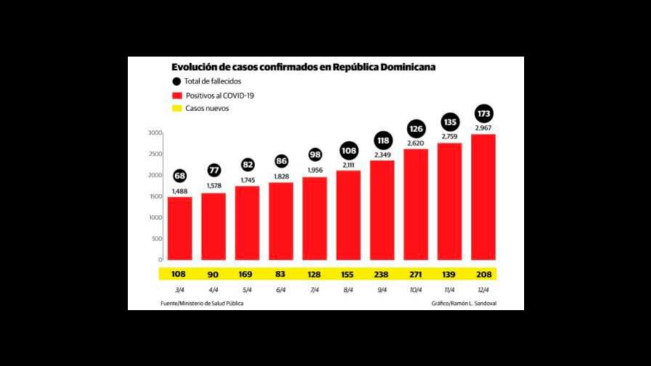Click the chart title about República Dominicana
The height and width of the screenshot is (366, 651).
(303, 68)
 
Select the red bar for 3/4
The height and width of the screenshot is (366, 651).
(179, 228)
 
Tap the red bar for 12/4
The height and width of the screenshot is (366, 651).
(483, 196)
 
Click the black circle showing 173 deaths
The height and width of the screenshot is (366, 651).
(483, 114)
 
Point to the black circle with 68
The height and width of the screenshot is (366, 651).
(179, 177)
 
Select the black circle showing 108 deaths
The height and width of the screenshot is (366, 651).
(349, 152)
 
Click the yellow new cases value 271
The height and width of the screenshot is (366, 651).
(416, 274)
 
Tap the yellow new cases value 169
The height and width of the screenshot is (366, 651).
(247, 274)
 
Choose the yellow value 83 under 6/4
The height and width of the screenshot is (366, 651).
(280, 274)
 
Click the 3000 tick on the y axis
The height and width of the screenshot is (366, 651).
(154, 133)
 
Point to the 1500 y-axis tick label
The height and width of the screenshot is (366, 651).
(154, 196)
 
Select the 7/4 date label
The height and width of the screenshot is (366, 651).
(315, 290)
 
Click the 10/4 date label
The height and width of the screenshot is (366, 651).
(416, 290)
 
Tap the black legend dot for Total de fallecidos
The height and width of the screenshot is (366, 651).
(177, 81)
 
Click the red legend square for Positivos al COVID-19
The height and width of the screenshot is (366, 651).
(177, 95)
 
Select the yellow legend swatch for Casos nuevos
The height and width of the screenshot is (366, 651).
(177, 108)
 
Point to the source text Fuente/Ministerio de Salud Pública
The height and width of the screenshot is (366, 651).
(202, 303)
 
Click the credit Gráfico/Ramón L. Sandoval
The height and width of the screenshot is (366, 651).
(467, 303)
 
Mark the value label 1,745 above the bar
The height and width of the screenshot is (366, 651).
(247, 180)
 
